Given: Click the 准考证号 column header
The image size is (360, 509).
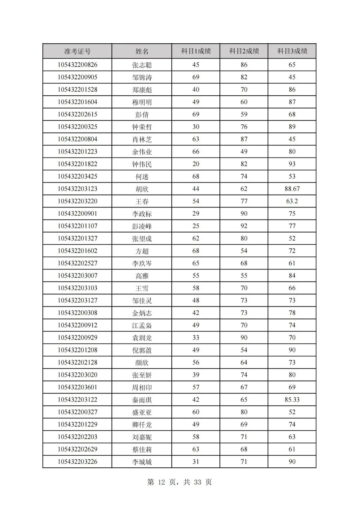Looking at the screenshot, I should (x=77, y=51).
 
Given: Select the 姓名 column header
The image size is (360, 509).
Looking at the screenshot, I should (x=142, y=51).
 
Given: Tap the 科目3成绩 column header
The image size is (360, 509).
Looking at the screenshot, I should (x=292, y=51).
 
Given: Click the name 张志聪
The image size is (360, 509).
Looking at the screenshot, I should (x=142, y=65).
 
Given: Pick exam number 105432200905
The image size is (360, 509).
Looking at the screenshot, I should (x=77, y=77).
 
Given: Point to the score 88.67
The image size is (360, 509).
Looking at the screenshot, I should (x=292, y=189).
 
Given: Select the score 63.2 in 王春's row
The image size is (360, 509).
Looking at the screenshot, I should (x=292, y=201).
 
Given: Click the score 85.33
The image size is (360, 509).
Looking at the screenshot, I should (x=292, y=399).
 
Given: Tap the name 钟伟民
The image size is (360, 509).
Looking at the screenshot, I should (x=142, y=164).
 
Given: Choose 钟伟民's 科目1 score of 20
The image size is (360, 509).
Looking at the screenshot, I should (x=196, y=164).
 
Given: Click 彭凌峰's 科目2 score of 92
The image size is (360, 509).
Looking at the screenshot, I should (x=244, y=226).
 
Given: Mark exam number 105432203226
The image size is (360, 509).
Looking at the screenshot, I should (x=77, y=462).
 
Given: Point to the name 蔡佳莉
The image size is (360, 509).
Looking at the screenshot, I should (x=142, y=449).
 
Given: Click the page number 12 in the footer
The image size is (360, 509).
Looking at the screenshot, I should (x=162, y=482).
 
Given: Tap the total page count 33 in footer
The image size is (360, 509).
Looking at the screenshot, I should (x=197, y=482).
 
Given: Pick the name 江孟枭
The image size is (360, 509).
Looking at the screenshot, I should (x=142, y=325).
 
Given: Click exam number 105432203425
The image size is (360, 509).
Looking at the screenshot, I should (x=77, y=177).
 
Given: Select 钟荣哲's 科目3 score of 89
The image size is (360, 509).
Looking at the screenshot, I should (x=292, y=127).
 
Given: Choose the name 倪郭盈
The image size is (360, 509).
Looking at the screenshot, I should (x=142, y=350).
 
